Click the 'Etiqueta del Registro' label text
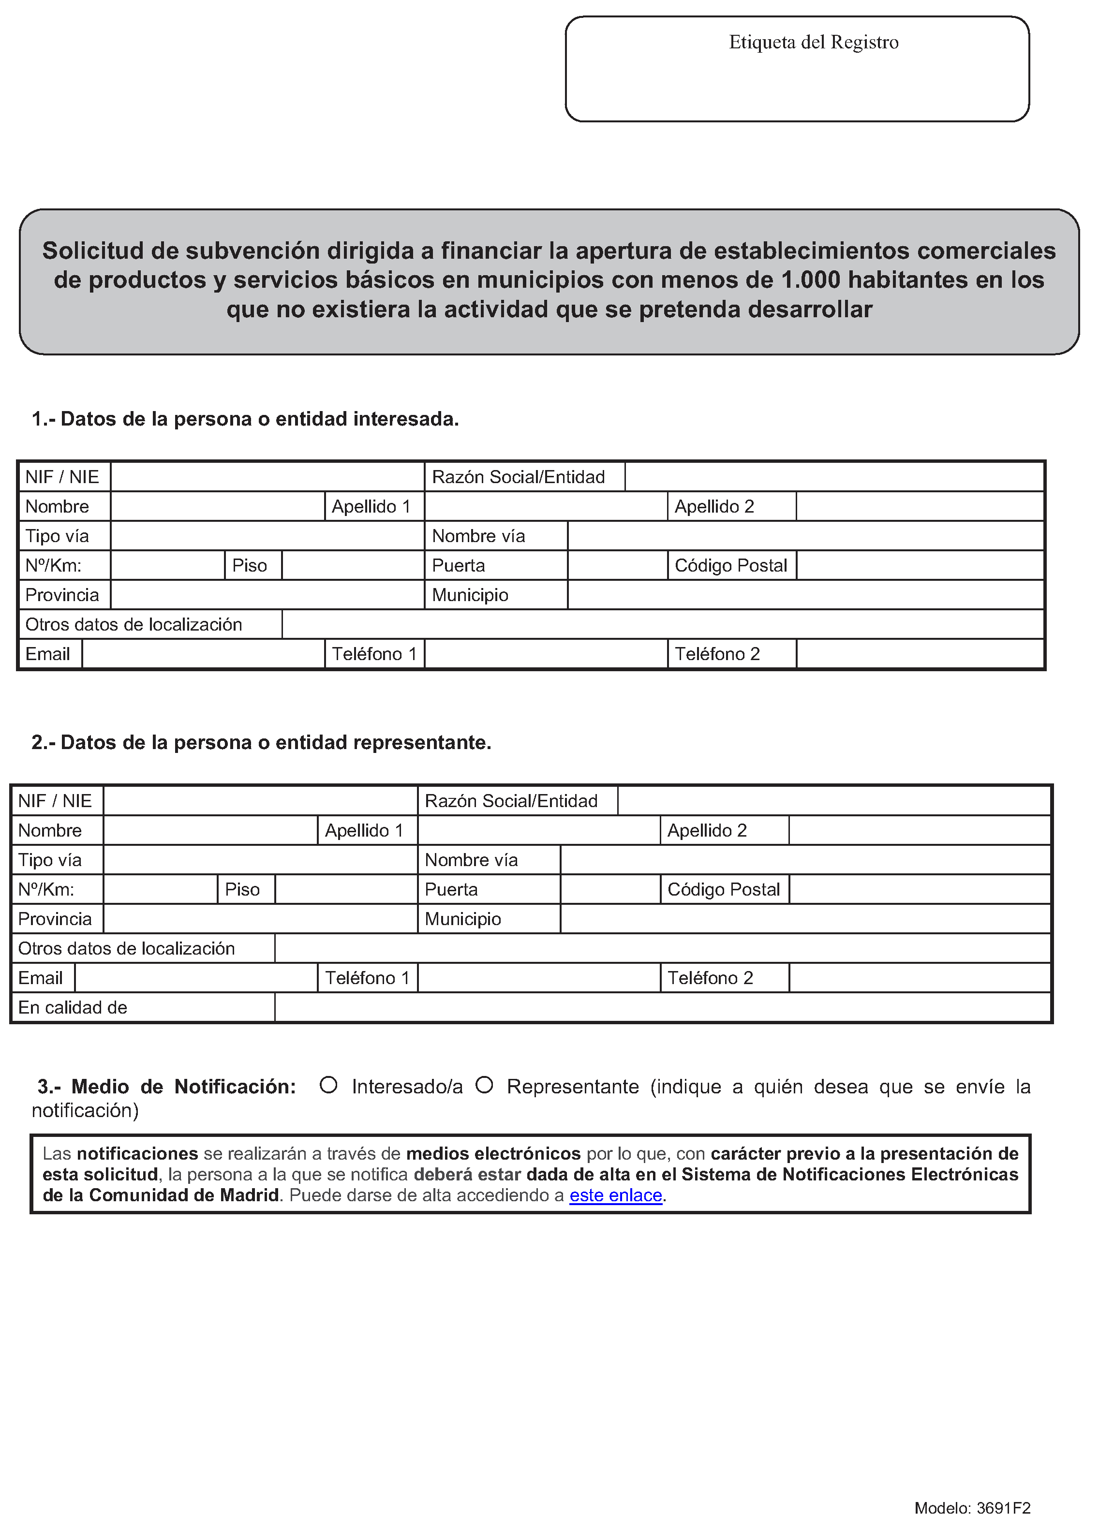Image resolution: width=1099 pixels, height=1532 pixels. [813, 43]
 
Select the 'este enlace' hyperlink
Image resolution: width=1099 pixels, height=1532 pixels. [615, 1195]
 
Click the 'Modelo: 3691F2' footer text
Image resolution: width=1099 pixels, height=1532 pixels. [972, 1508]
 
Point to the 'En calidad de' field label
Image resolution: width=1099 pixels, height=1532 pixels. [73, 1007]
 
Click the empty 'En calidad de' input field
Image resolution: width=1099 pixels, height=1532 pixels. [662, 1007]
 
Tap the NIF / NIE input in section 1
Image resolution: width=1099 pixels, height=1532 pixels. [267, 477]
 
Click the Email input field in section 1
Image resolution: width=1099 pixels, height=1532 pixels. [203, 654]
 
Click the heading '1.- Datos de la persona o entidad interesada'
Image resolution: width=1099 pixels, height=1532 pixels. [245, 419]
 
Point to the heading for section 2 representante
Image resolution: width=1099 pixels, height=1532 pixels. [261, 742]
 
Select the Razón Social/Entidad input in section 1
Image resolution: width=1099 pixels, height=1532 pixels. [834, 477]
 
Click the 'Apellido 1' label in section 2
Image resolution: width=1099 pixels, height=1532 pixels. [364, 830]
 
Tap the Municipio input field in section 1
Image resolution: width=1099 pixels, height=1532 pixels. [805, 595]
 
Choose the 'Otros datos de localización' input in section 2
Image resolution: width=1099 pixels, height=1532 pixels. [662, 948]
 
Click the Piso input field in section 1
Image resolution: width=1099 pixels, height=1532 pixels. [353, 565]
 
